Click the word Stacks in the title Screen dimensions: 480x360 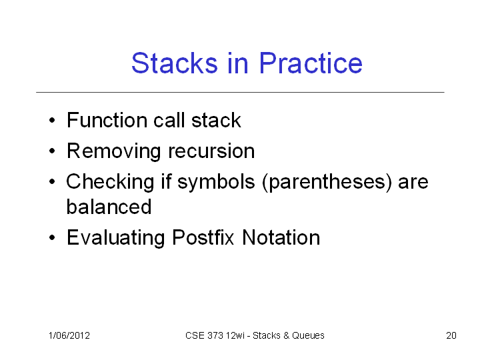(175, 63)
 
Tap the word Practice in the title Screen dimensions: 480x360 (311, 63)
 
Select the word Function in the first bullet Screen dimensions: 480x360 (107, 120)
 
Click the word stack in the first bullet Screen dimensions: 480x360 (216, 120)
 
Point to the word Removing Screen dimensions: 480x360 (113, 151)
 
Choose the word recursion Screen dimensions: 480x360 (211, 151)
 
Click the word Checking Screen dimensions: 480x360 (110, 182)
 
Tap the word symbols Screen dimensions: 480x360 (216, 182)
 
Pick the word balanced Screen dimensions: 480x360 (109, 207)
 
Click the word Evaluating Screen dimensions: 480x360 (116, 238)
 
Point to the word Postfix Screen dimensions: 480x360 (203, 237)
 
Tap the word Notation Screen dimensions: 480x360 (281, 237)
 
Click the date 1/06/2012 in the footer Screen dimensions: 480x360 (69, 335)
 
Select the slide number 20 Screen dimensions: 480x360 (451, 335)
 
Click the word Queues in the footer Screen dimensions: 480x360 (308, 335)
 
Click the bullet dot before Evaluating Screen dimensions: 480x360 (52, 237)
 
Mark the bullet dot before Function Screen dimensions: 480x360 (52, 120)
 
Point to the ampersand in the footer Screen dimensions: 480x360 (286, 335)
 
